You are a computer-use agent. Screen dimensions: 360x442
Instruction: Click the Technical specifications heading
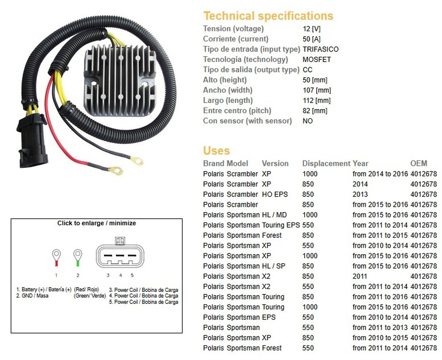coord(268,16)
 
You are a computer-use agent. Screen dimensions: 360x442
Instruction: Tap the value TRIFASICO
coord(320,49)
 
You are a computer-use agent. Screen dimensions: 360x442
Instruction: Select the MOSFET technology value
coord(317,59)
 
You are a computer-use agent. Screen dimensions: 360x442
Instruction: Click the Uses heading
coord(216,151)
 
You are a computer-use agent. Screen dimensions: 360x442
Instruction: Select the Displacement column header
coord(326,163)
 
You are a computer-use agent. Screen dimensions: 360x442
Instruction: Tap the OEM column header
coord(419,163)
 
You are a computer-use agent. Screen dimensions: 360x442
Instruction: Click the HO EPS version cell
coord(275,194)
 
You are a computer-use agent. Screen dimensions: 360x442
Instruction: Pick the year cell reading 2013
coord(360,194)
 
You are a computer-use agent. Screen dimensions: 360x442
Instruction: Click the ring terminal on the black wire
coord(137,160)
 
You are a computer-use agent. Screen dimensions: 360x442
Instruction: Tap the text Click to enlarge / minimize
coord(97,223)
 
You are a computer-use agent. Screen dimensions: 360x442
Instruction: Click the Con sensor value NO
coord(308,121)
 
